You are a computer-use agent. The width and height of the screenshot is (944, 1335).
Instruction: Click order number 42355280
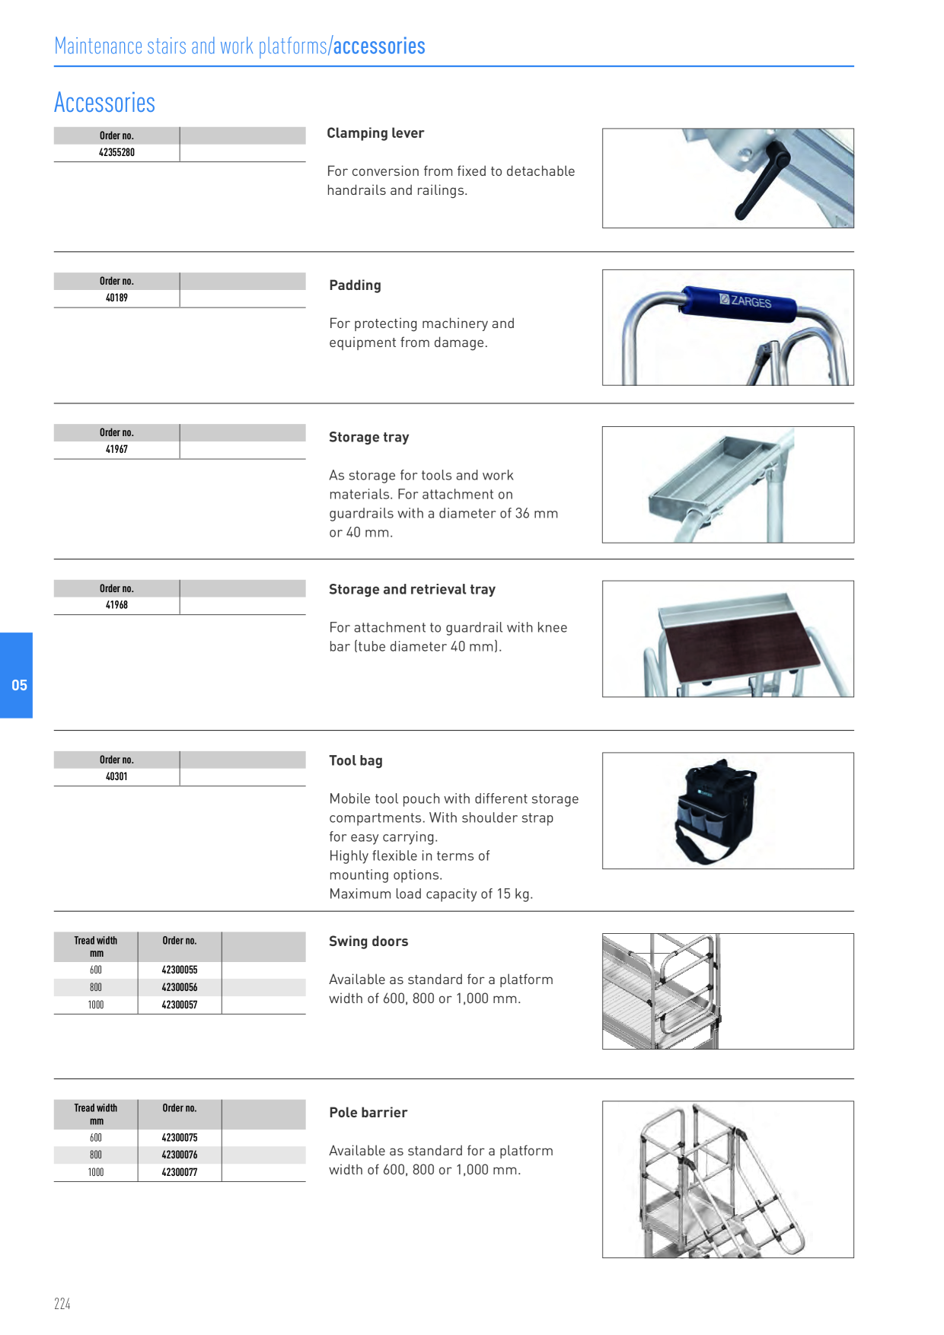tap(116, 152)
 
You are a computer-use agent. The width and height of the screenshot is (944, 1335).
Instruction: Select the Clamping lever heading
tap(375, 133)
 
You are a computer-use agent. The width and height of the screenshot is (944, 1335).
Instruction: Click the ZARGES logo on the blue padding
tap(746, 301)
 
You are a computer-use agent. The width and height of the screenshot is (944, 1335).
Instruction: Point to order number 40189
tap(116, 298)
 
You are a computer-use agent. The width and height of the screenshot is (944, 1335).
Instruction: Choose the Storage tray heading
tap(369, 437)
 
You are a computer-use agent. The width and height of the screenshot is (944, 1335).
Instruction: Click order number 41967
tap(116, 449)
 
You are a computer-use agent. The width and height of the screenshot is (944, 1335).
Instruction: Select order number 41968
tap(116, 605)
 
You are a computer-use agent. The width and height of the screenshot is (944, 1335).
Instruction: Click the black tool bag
tap(716, 811)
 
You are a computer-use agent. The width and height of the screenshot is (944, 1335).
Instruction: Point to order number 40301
tap(116, 776)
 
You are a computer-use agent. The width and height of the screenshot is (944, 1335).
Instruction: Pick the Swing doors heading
tap(368, 942)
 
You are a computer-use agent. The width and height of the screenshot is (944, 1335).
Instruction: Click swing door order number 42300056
tap(180, 987)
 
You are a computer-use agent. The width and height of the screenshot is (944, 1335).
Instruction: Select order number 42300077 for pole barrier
tap(180, 1172)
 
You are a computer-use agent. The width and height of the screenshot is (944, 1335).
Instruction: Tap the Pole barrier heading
tap(368, 1113)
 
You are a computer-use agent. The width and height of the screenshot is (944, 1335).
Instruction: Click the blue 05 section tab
tap(16, 675)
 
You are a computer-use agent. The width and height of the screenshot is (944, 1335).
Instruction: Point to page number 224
tap(62, 1304)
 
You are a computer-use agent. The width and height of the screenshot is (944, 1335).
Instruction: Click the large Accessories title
tap(105, 103)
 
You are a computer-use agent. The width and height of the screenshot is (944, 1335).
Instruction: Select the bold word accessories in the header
tap(379, 46)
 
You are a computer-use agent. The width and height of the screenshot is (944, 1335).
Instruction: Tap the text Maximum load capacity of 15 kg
tap(431, 894)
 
